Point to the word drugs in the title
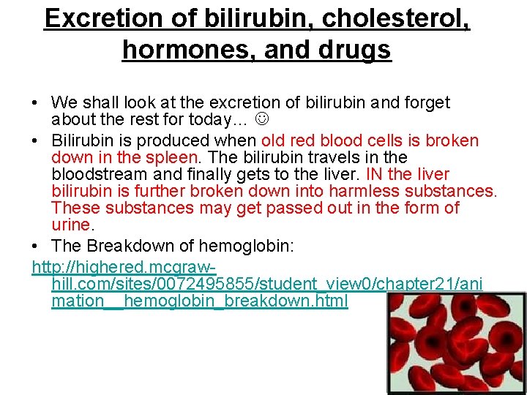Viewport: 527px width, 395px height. pyautogui.click(x=352, y=50)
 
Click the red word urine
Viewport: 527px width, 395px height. pyautogui.click(x=71, y=225)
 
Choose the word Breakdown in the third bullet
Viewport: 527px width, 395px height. pyautogui.click(x=139, y=247)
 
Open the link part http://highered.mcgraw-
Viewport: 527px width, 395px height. pyautogui.click(x=125, y=268)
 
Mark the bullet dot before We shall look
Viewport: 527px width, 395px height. pyautogui.click(x=36, y=103)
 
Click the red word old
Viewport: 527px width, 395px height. pyautogui.click(x=274, y=140)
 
